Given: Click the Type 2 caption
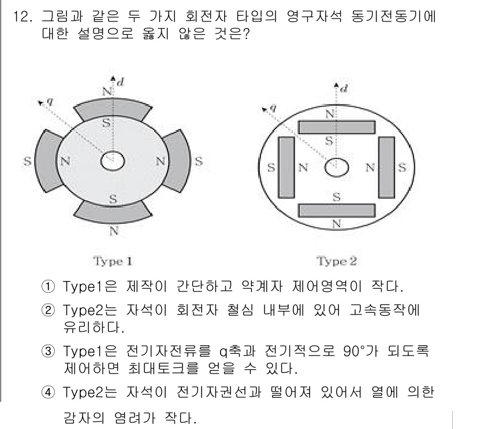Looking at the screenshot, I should click(x=336, y=261).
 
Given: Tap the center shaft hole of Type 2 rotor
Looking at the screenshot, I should click(x=336, y=168).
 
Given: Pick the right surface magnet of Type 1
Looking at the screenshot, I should click(x=180, y=161).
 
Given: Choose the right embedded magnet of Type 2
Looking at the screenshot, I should click(x=386, y=167).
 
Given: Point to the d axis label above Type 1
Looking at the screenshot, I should click(x=120, y=82).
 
